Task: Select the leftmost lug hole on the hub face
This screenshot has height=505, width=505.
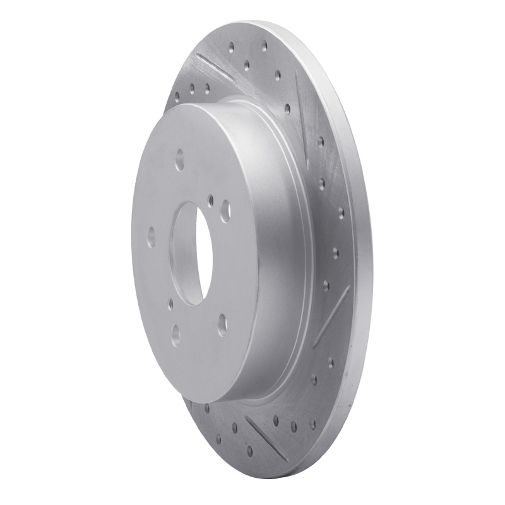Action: [151, 237]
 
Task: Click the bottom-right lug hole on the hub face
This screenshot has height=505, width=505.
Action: [222, 324]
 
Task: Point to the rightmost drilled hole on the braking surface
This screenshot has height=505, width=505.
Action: [341, 211]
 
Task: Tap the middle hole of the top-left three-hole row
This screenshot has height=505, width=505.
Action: [192, 88]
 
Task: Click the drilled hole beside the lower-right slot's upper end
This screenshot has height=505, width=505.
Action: [326, 285]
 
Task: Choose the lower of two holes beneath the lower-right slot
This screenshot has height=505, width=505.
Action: [330, 379]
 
